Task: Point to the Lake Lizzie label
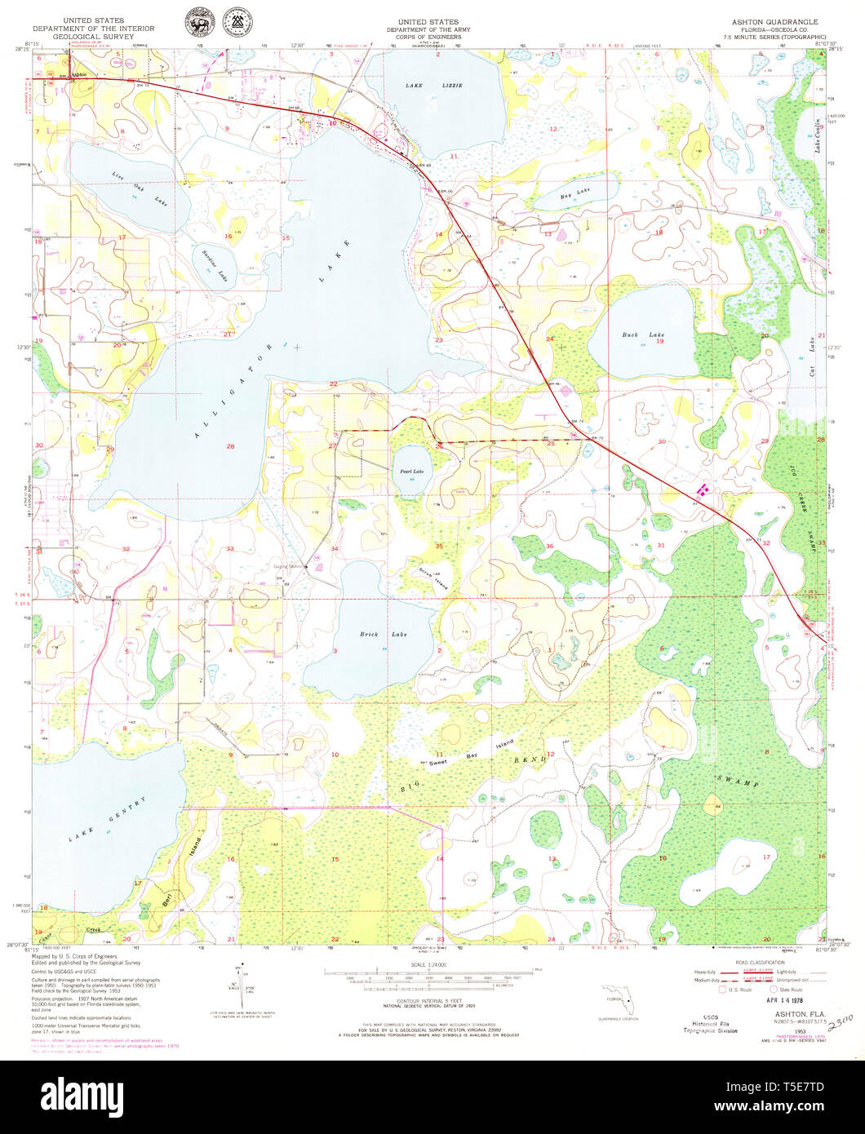pyautogui.click(x=423, y=85)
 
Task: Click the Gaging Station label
pyautogui.click(x=289, y=566)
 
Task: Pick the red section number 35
pyautogui.click(x=439, y=546)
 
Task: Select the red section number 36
pyautogui.click(x=549, y=546)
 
